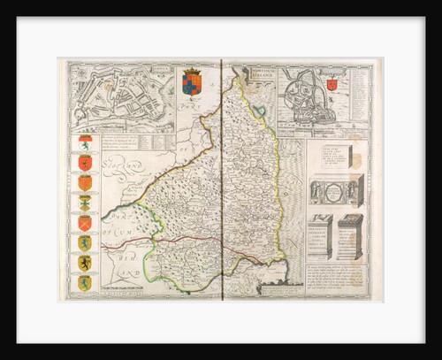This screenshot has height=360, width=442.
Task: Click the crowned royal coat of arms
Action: (x=192, y=81)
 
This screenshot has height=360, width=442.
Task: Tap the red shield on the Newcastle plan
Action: (x=331, y=85)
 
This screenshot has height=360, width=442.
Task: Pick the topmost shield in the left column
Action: (x=85, y=142)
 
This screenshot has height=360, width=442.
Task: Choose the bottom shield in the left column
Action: (x=85, y=283)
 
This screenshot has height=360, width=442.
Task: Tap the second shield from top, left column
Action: (x=85, y=162)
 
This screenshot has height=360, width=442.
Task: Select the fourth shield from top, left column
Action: (x=85, y=203)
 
